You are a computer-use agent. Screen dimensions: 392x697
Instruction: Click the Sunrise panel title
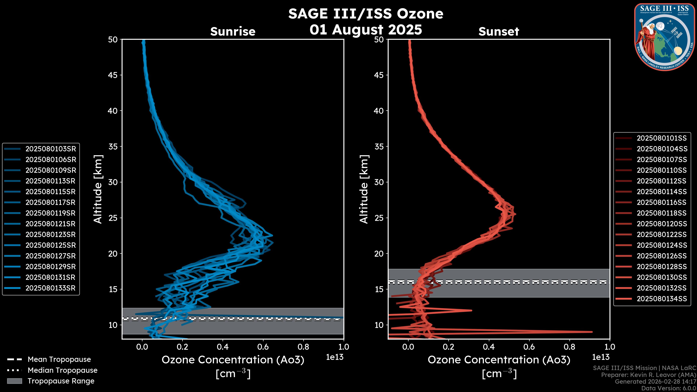233,31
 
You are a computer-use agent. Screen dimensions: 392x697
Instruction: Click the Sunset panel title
499,31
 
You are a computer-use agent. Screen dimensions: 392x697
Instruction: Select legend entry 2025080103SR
51,149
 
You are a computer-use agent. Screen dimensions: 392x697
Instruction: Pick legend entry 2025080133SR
51,288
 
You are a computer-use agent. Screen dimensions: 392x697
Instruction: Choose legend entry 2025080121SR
51,224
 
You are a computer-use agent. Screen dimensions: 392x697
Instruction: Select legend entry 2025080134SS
662,299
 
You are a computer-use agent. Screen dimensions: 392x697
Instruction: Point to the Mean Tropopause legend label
59,359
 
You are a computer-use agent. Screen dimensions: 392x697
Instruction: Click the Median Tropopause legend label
62,370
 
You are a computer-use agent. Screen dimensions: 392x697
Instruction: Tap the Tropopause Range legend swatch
14,381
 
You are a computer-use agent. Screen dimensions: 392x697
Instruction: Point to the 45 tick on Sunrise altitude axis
113,75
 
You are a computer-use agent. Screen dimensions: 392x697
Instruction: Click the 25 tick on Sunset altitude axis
379,218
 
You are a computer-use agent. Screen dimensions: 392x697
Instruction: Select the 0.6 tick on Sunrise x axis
263,347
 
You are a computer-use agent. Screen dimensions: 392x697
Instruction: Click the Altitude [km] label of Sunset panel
364,189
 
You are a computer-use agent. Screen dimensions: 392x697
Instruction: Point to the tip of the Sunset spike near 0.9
592,332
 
